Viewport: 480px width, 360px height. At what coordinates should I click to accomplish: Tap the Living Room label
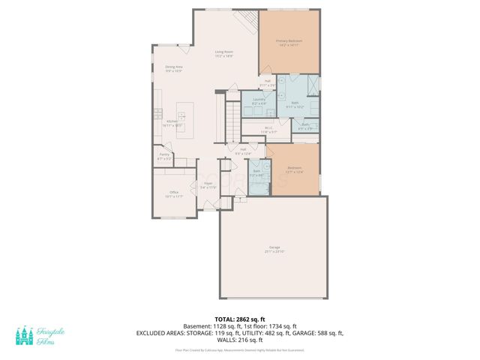click(223, 55)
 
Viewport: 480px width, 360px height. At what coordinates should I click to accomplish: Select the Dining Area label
click(174, 69)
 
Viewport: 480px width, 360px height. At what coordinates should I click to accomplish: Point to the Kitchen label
click(172, 123)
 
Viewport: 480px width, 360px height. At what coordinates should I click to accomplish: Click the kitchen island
click(182, 116)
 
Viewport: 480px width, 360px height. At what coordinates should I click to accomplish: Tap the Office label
click(174, 194)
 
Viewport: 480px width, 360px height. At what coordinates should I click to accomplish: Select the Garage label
click(273, 250)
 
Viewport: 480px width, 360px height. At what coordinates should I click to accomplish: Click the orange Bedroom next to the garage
click(295, 170)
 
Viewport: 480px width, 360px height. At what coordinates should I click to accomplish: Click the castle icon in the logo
click(24, 337)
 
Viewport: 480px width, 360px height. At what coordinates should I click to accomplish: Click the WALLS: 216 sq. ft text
click(239, 340)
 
